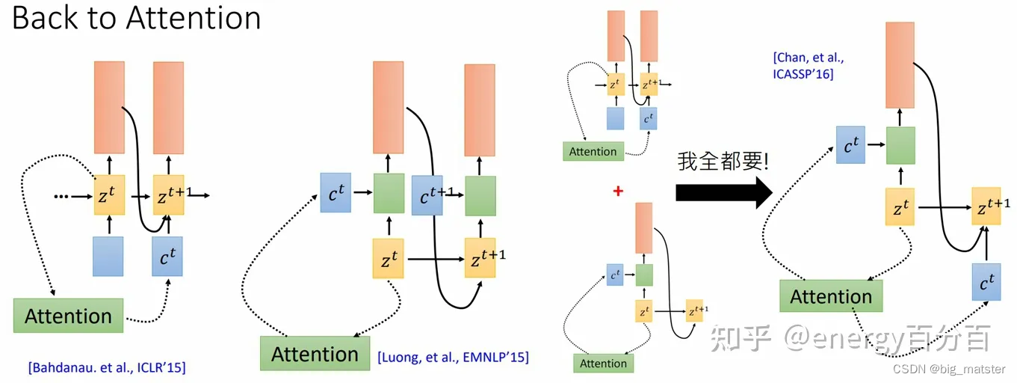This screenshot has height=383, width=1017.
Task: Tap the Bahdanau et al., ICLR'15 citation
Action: pos(107,367)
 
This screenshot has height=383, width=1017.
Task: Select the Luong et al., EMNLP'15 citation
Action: pos(453,357)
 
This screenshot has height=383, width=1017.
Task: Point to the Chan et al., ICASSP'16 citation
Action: pos(809,65)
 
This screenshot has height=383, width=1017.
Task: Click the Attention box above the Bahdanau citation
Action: pos(68,316)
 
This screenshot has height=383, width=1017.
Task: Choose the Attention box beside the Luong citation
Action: pos(315,354)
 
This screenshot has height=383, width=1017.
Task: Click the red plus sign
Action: pos(618,191)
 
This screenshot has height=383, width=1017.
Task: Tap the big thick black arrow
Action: pos(723,193)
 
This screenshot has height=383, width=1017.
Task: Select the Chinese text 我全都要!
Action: pos(723,162)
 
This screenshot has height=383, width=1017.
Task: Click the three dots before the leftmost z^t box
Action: pos(61,196)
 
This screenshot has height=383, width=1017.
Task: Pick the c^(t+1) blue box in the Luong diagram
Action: pos(427,195)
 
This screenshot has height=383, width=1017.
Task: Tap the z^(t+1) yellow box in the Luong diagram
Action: pos(480,257)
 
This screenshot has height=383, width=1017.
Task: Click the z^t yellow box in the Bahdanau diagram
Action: pos(109,195)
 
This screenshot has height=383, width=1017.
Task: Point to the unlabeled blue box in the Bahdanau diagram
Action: pos(108,257)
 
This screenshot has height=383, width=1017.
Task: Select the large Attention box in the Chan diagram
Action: pos(831,295)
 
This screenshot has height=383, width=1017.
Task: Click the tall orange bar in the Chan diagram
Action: pos(900,65)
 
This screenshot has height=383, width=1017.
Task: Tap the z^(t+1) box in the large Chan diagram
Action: pos(986,206)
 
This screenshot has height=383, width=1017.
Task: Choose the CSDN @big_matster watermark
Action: pos(949,369)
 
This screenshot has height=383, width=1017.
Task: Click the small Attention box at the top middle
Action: pos(593,151)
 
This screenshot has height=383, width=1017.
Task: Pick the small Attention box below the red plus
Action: pos(603,364)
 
